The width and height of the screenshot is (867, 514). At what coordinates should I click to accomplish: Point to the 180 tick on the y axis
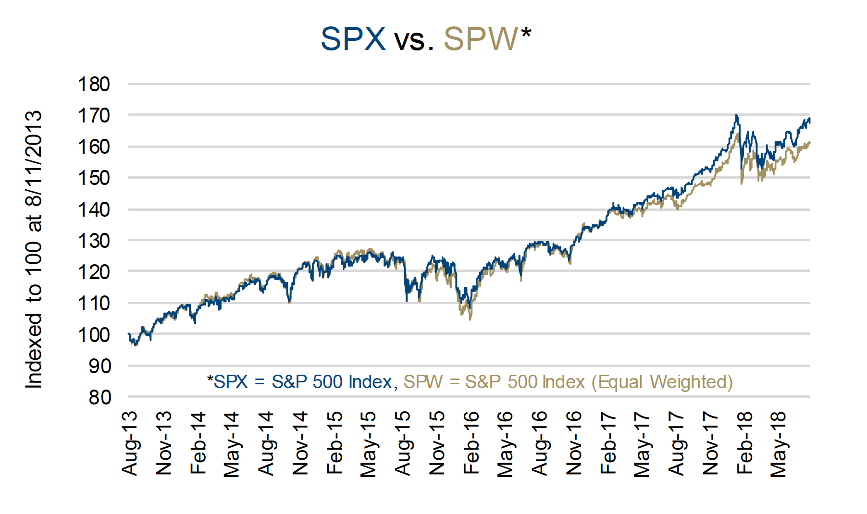pos(94,84)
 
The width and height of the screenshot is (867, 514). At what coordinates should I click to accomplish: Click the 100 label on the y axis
pos(94,334)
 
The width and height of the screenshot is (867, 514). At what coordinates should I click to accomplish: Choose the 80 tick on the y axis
pos(100,397)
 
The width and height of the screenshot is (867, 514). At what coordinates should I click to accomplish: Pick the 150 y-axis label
pos(94,178)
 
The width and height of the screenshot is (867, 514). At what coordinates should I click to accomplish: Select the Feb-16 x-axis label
pos(471,443)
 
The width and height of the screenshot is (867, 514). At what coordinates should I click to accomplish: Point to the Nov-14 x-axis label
pos(300,443)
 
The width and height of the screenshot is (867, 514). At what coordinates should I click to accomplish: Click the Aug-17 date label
pos(676,443)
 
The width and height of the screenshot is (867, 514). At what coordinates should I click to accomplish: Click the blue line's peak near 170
pos(736,115)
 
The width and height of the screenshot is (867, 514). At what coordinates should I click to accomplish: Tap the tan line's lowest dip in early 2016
pos(470,319)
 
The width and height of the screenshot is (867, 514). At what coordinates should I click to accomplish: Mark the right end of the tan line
pos(809,142)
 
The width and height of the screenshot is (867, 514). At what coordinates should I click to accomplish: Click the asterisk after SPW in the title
pos(526,33)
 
